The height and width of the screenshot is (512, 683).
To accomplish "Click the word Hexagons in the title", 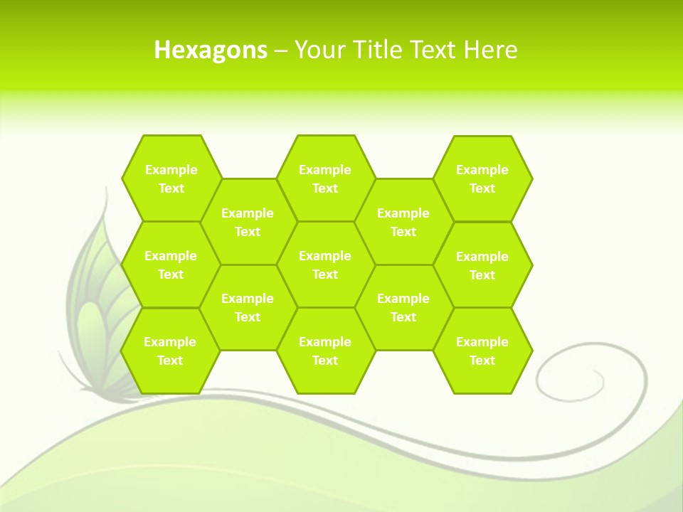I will [211, 50].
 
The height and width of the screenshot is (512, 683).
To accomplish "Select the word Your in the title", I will [317, 50].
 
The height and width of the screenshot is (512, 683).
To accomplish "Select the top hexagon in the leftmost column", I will [171, 178].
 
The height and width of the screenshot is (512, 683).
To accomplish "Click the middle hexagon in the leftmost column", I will [171, 265].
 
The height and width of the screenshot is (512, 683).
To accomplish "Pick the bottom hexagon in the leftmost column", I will [170, 351].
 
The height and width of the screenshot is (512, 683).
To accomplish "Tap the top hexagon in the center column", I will [325, 178].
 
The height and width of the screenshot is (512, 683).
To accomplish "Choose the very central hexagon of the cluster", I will [325, 265].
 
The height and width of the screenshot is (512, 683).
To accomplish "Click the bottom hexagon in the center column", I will [325, 351].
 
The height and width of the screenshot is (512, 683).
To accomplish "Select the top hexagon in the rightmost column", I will [482, 178].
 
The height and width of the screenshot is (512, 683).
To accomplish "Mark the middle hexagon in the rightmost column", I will [482, 265].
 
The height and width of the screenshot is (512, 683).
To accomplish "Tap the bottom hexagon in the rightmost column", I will [482, 351].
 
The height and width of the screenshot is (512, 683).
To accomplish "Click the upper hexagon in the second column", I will [248, 222].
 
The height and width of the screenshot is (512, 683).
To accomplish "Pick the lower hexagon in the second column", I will [248, 307].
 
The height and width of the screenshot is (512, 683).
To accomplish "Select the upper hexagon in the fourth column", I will [403, 222].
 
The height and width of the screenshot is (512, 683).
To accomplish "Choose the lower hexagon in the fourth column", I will [403, 307].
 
